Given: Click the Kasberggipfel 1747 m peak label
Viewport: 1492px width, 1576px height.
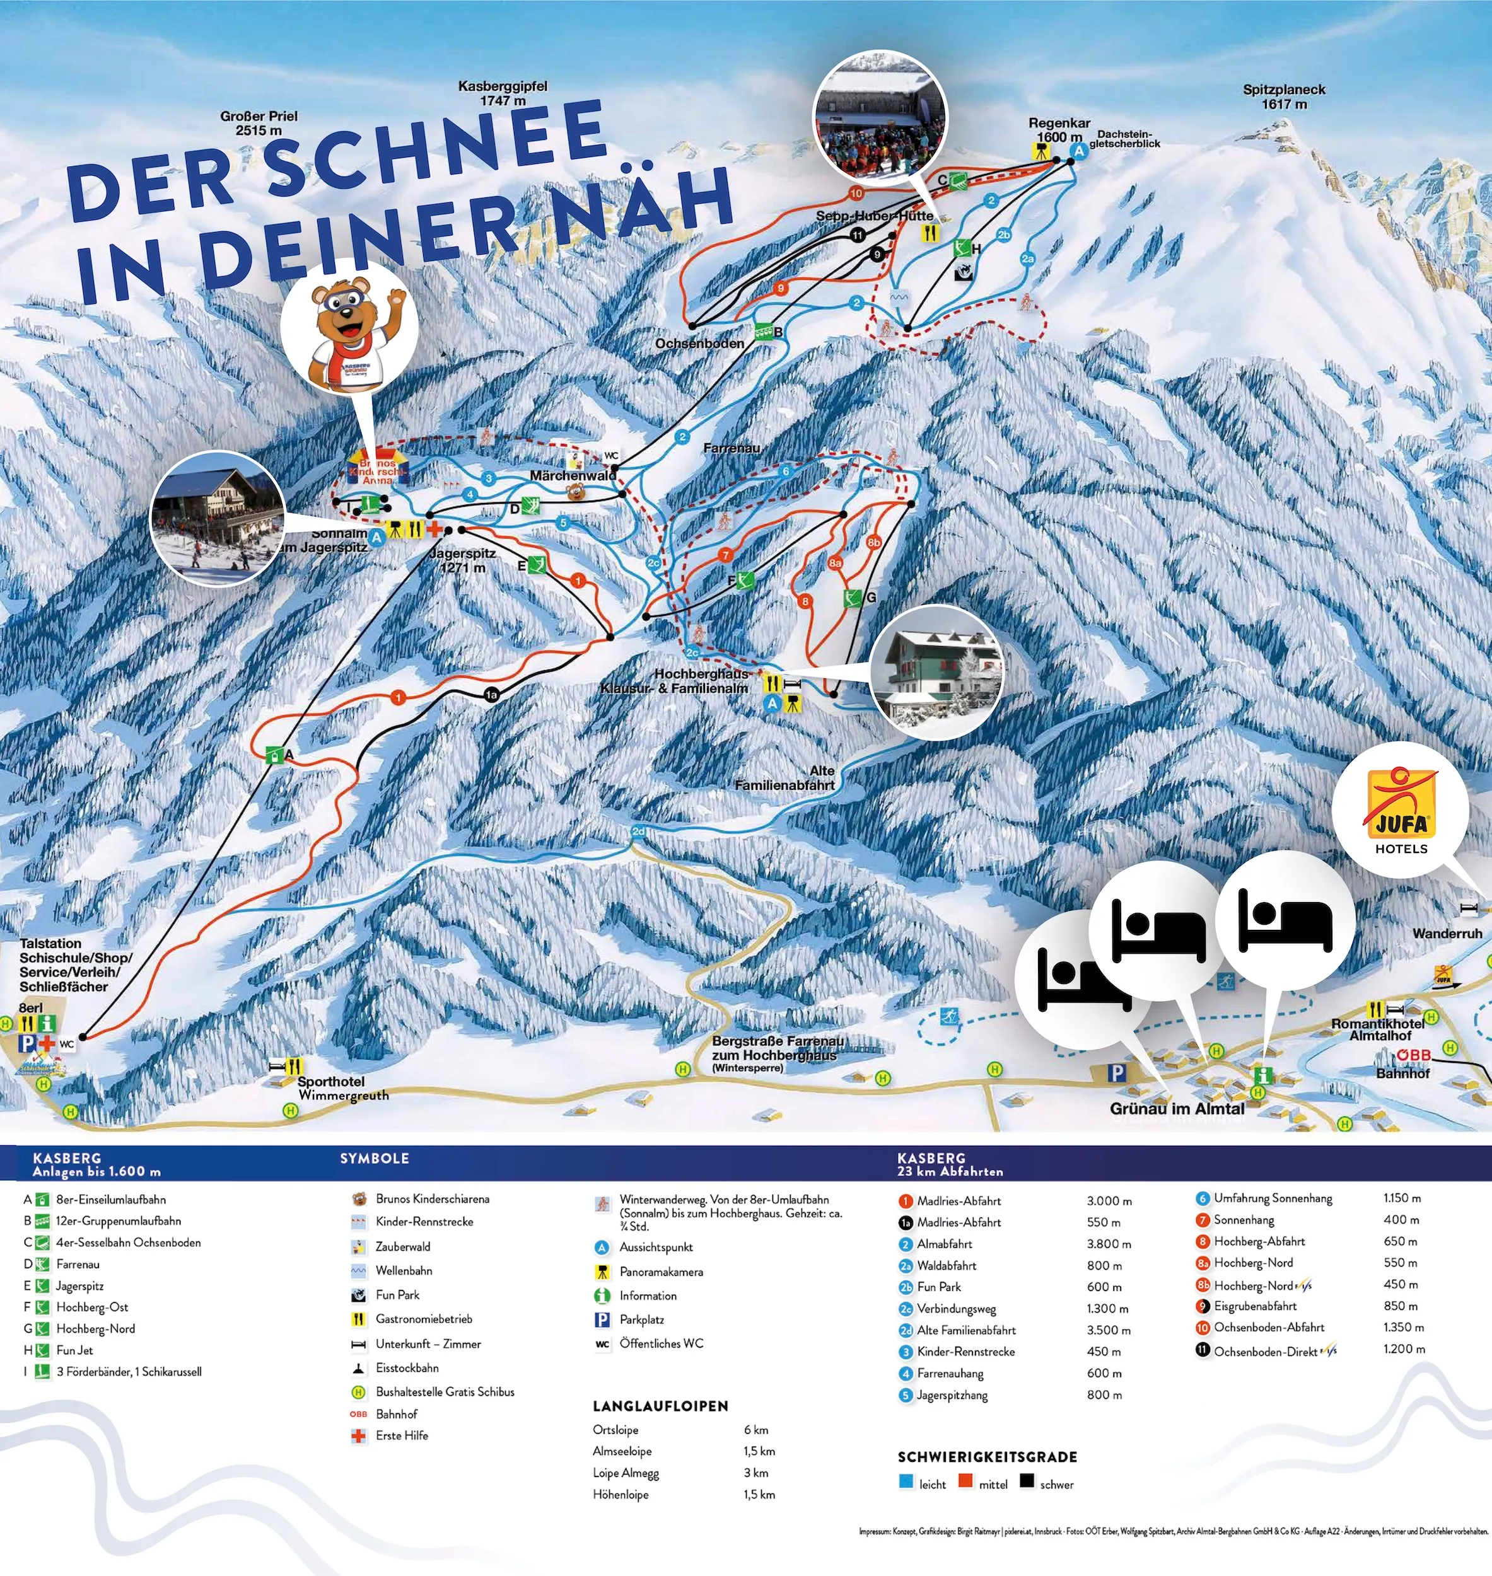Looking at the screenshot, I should pos(502,93).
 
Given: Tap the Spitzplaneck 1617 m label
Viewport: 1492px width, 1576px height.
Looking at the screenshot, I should pos(1284,96).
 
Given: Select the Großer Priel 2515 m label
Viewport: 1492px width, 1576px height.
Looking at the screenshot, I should pos(259,122).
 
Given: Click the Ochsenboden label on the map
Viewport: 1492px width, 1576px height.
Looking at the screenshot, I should pos(699,344).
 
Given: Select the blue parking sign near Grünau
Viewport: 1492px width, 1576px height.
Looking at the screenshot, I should pos(1117,1073).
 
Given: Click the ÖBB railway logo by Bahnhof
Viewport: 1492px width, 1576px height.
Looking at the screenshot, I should pos(1413,1055).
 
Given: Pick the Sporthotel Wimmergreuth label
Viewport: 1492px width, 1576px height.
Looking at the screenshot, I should pos(343,1088).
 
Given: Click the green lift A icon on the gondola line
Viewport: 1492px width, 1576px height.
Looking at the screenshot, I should pos(274,755).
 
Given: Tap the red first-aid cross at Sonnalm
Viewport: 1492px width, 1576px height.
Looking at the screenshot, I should pos(434,528).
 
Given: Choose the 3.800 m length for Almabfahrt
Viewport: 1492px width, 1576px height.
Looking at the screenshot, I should pos(1109,1244).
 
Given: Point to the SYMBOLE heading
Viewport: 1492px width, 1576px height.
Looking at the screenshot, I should pos(374,1159).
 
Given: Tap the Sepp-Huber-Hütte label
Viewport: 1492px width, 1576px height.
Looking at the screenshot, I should pos(874,216).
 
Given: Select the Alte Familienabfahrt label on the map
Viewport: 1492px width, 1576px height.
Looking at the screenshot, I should pos(784,778).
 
